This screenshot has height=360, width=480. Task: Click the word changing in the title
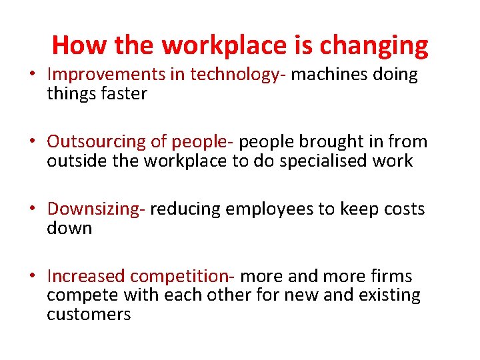click(373, 46)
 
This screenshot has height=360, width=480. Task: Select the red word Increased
click(86, 276)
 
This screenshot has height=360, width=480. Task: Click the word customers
click(89, 314)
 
